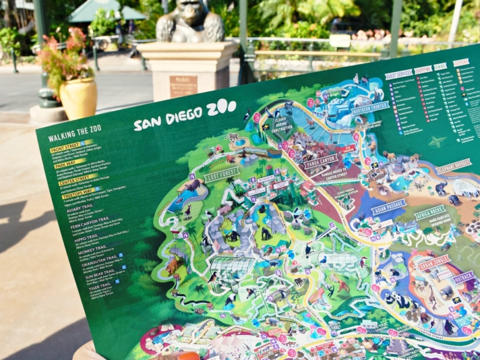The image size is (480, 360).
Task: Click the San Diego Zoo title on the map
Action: click(185, 116)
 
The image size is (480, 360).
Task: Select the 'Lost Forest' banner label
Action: click(221, 174)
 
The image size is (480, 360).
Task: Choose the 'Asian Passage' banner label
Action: click(388, 206)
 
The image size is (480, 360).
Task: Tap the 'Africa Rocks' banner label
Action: click(430, 212)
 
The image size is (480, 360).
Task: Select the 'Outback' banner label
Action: click(463, 277)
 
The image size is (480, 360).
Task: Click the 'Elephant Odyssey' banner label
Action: click(454, 166)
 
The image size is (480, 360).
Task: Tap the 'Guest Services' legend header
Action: click(398, 74)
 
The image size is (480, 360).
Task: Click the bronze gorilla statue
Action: click(190, 21)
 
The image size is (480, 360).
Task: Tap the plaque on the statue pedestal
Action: click(182, 86)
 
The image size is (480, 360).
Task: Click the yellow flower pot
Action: click(78, 97)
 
